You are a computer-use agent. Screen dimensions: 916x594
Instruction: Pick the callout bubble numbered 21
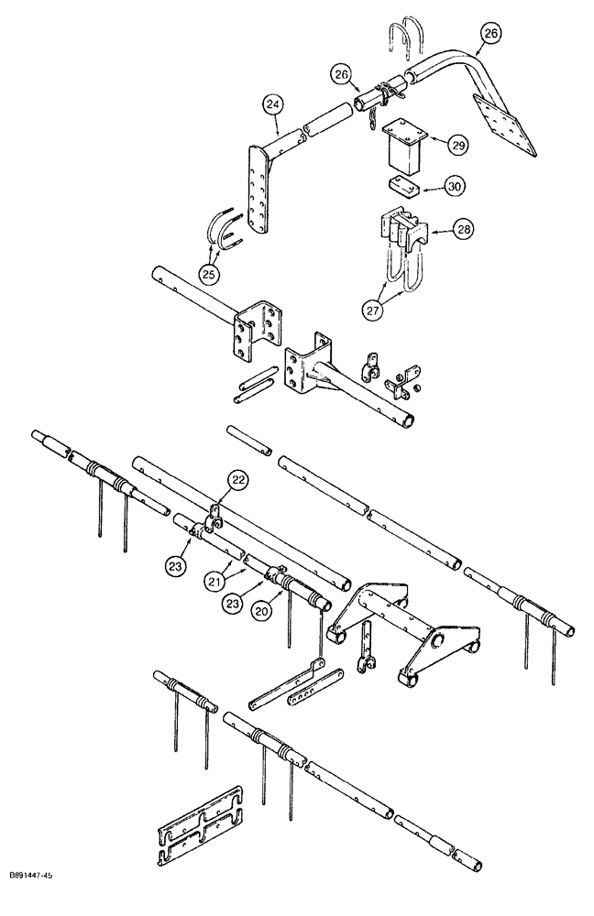214,581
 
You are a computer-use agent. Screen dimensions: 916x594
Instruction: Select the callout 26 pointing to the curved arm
490,33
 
